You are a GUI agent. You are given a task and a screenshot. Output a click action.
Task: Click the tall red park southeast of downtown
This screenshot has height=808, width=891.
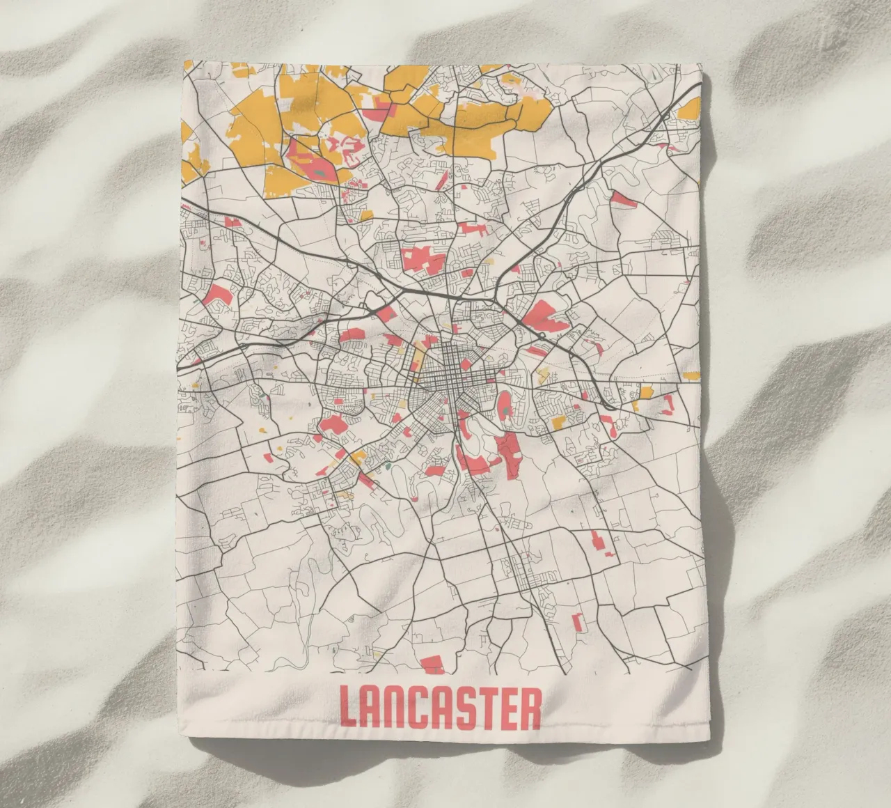(x=510, y=453)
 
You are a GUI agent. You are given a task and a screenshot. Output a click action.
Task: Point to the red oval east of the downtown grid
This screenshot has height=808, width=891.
(x=504, y=404)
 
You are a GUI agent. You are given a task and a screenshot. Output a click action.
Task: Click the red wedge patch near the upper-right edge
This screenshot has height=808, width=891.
(x=624, y=201)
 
